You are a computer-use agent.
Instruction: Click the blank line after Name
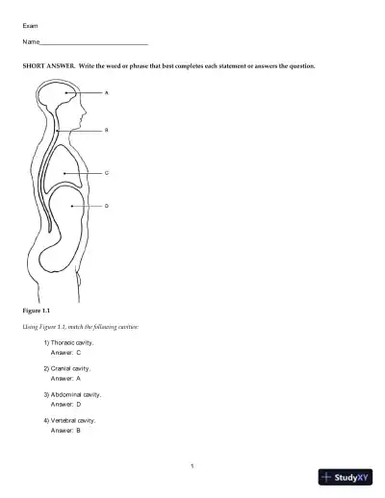coord(94,44)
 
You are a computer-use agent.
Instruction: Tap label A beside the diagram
coord(106,93)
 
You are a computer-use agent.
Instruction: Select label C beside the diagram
coord(106,173)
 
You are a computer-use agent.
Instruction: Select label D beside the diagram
coord(106,206)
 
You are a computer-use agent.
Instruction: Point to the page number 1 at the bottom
coord(192,466)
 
